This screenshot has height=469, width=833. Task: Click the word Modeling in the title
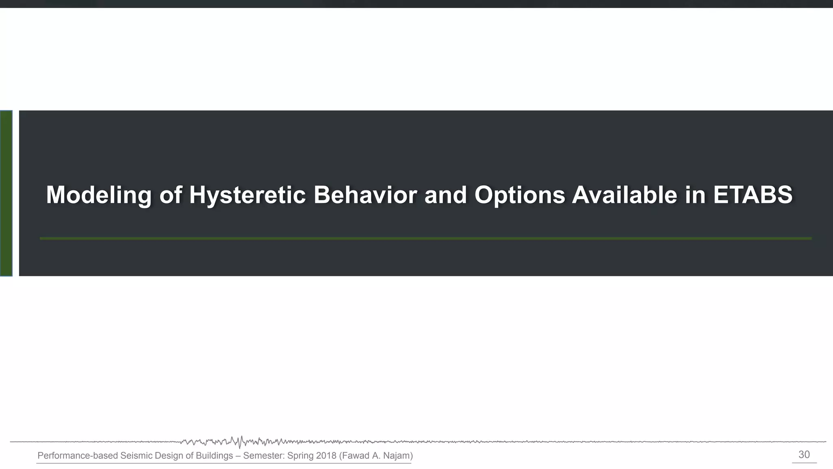(98, 195)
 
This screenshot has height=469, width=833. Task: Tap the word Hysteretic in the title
(247, 195)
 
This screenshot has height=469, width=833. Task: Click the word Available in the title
(624, 195)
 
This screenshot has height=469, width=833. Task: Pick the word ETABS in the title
(752, 195)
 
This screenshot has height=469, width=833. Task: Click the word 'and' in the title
(445, 195)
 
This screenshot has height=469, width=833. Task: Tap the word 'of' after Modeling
(170, 195)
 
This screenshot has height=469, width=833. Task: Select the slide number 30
(804, 455)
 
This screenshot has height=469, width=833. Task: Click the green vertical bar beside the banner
(6, 193)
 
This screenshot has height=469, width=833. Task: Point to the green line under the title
(425, 238)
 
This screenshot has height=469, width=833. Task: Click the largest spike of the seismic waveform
(241, 441)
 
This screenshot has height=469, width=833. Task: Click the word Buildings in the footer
(214, 456)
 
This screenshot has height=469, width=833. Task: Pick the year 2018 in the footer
(326, 456)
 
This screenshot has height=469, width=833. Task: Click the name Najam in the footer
(398, 456)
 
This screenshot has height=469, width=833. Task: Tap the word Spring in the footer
(300, 456)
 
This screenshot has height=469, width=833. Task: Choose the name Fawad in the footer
(355, 456)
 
